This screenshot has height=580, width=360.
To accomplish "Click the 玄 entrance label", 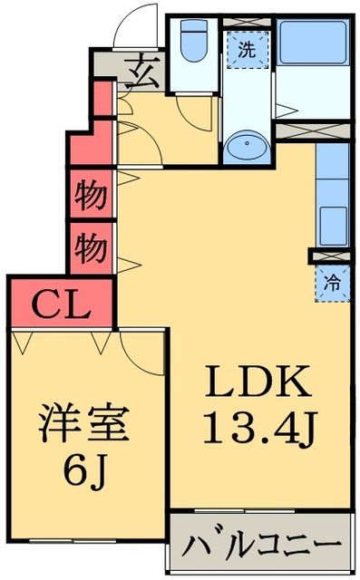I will click(145, 70).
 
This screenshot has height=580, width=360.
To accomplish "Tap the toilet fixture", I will click(192, 42).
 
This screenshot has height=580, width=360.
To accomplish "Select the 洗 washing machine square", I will click(247, 52).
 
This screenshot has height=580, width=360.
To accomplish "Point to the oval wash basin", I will click(246, 146).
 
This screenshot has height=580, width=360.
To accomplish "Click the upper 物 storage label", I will click(91, 196).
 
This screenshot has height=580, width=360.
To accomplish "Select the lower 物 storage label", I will click(91, 246).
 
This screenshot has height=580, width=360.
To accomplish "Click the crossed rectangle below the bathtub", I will click(313, 130).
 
